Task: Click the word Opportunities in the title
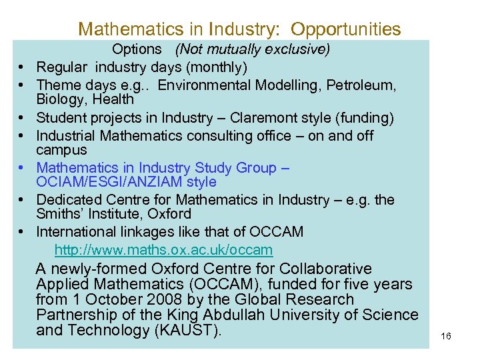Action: click(346, 29)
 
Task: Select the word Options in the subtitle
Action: click(137, 49)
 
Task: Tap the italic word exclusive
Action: click(298, 49)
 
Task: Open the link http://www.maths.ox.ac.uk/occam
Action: click(163, 251)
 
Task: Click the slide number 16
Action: click(446, 337)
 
